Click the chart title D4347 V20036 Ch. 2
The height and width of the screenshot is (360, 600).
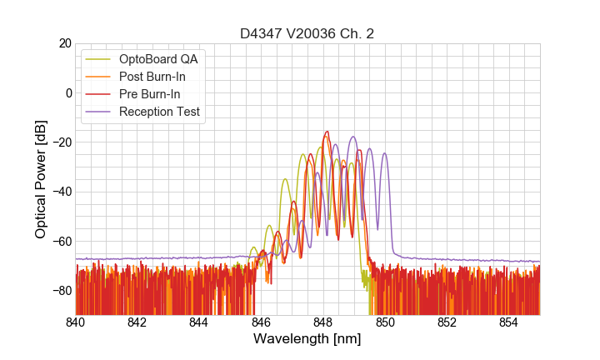[307, 33]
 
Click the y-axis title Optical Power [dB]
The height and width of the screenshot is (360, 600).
[41, 178]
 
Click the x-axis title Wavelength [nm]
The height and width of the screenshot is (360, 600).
[307, 339]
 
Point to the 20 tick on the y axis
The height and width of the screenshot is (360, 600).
[63, 43]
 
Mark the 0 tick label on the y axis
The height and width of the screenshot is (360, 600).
[67, 92]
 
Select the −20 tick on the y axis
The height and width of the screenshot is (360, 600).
[61, 142]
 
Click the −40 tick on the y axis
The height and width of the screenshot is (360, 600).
[61, 192]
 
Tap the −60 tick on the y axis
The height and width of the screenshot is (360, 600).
[61, 241]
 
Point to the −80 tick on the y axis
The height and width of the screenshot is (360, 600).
[61, 290]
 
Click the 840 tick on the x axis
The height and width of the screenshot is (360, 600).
[75, 322]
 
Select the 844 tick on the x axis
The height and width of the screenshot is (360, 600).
[199, 322]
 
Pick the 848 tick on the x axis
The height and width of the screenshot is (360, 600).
[323, 322]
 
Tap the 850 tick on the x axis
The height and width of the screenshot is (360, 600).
[385, 322]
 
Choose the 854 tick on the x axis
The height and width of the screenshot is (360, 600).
[509, 322]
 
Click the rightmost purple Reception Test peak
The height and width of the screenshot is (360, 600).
[384, 153]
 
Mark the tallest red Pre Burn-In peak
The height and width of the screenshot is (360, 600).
[327, 132]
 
